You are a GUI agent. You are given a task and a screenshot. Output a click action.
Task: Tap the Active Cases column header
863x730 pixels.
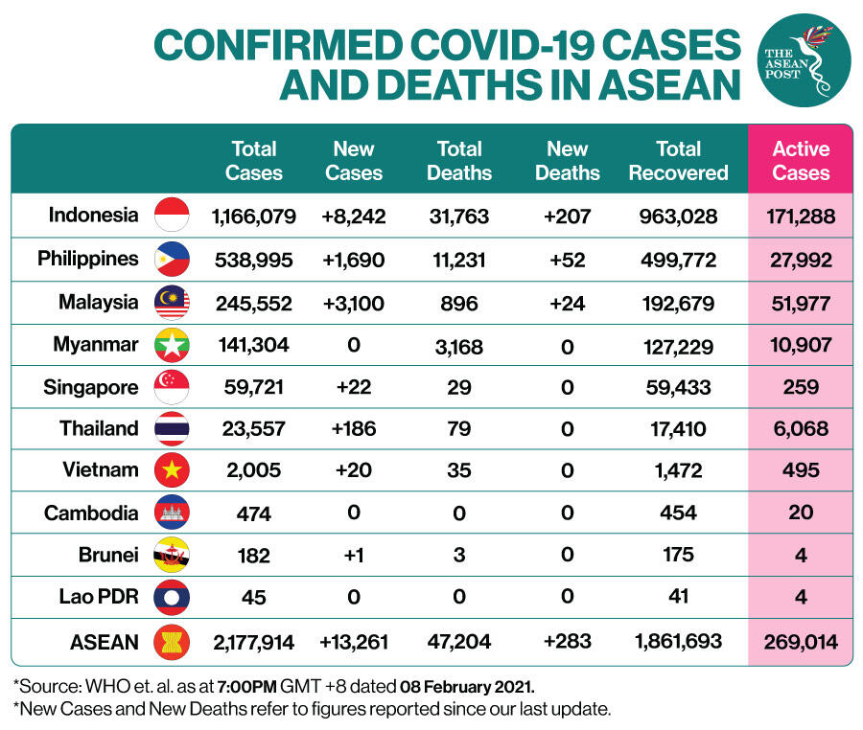(801, 161)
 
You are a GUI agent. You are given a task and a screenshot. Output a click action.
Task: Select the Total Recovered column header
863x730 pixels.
(679, 161)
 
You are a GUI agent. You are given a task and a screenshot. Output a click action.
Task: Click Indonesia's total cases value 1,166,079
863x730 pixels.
(254, 217)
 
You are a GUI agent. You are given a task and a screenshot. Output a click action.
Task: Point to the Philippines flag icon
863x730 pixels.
(173, 260)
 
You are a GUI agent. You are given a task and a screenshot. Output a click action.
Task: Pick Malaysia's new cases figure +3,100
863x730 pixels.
(354, 304)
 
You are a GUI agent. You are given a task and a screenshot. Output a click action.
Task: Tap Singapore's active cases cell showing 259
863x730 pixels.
(801, 388)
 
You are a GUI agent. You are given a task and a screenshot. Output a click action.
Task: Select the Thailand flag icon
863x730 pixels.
(173, 428)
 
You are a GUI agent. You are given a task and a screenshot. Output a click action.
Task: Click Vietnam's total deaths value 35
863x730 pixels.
(459, 470)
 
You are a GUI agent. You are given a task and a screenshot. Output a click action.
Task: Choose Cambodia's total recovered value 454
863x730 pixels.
(679, 513)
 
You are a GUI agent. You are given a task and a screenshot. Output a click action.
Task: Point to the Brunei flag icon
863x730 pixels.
(173, 555)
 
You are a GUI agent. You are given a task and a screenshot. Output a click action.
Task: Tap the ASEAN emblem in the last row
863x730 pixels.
(173, 642)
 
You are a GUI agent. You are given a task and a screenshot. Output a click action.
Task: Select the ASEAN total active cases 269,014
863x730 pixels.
(801, 642)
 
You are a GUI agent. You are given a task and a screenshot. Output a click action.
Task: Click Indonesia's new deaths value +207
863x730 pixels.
(567, 217)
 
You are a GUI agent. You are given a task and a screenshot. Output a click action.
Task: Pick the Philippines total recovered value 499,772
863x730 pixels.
(679, 260)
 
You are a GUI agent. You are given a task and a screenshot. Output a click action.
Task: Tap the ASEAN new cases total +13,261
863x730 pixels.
(354, 642)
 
